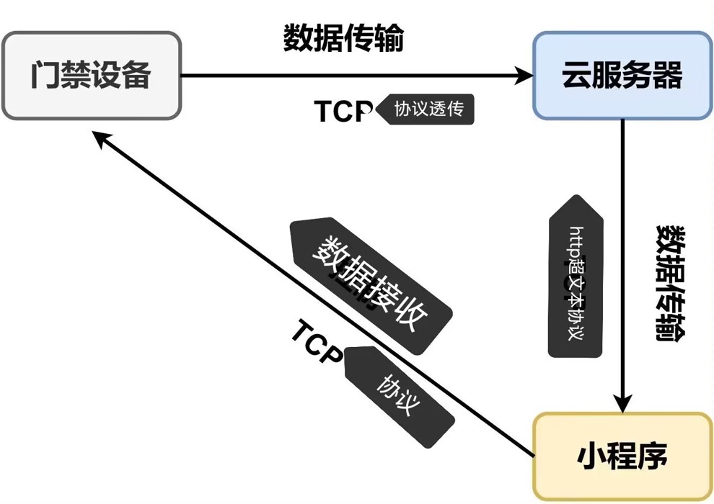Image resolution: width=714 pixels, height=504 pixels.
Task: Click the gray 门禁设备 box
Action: pos(91,75)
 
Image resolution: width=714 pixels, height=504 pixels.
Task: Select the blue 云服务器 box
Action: pos(622,75)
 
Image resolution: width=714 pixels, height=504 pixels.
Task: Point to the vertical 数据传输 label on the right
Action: pos(670,281)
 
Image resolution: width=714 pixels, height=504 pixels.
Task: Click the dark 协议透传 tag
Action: pos(427,109)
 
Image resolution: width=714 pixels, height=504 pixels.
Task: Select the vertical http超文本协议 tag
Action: pos(575,281)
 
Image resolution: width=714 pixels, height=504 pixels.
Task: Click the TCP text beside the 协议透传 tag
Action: pos(343,112)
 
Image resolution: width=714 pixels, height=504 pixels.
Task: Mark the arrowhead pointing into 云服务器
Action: pos(523,75)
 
